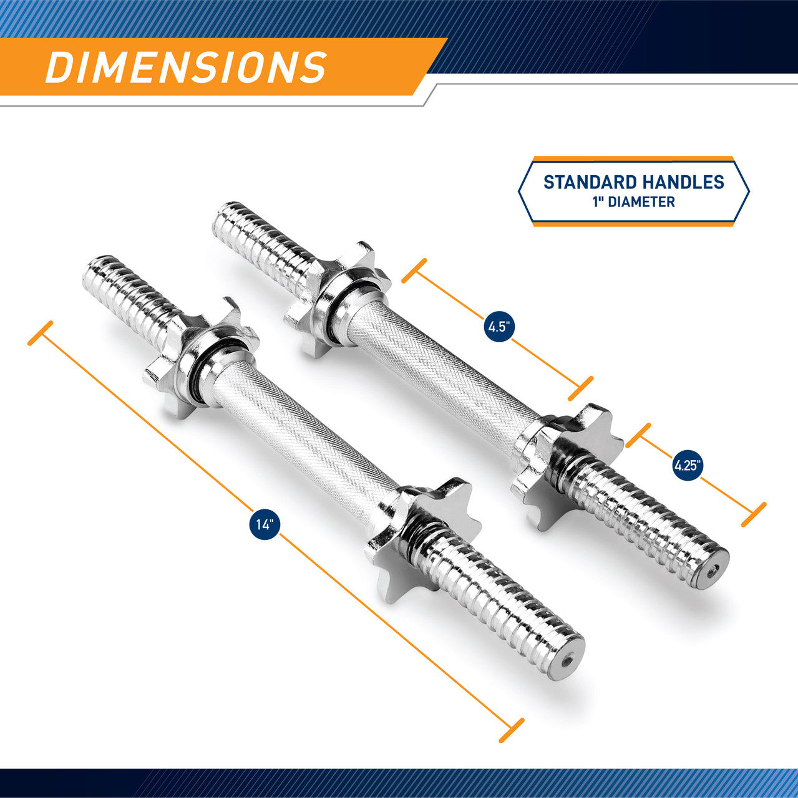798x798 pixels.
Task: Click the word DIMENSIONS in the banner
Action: click(186, 67)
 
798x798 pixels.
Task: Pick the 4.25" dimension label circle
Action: click(688, 464)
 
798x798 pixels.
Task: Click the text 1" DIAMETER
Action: click(633, 202)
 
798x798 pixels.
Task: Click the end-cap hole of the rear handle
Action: click(715, 569)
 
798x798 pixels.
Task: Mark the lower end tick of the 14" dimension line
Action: click(511, 730)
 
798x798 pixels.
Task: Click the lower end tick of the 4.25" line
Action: click(753, 516)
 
